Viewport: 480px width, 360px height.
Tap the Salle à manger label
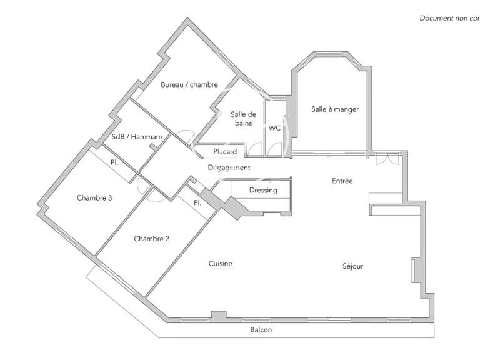pos(335,109)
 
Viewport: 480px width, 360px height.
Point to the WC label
pos(274,128)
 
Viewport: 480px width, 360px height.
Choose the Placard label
pos(225,152)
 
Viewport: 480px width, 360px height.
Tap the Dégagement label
pos(229,167)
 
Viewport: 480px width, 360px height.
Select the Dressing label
pos(262,190)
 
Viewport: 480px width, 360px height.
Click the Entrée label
pos(342,181)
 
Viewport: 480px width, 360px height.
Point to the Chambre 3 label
pos(94,198)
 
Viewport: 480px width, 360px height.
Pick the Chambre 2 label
pos(152,239)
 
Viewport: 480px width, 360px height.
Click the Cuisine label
pos(220,264)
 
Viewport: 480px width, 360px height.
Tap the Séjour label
pos(352,266)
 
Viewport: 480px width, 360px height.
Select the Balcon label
pos(261,330)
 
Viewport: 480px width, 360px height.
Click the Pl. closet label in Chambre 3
pos(114,162)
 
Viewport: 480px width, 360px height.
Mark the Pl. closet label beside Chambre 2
pos(197,202)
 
